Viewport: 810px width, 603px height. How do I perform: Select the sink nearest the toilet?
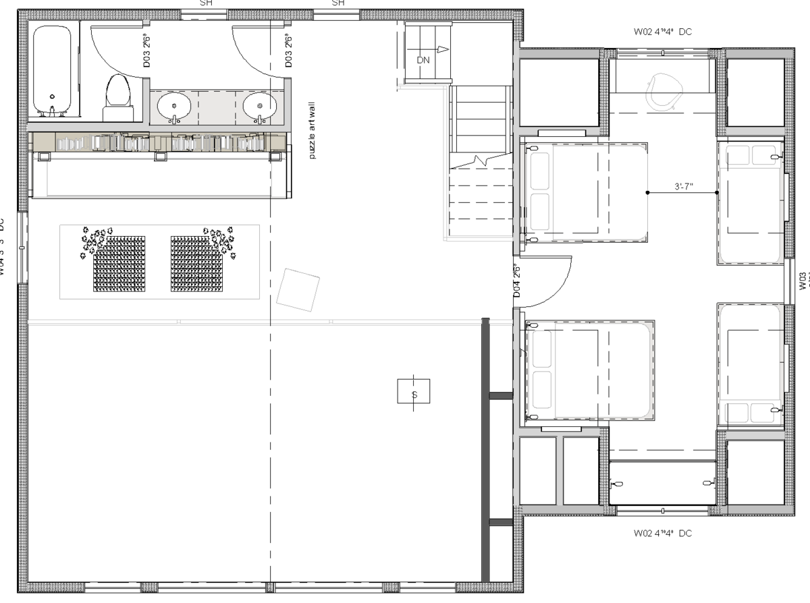pyautogui.click(x=173, y=106)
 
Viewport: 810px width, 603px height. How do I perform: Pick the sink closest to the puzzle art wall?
pyautogui.click(x=260, y=106)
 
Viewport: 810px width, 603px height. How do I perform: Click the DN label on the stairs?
pyautogui.click(x=423, y=60)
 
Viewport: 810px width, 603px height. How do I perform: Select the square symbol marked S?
pyautogui.click(x=414, y=391)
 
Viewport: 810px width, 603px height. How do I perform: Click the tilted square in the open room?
pyautogui.click(x=298, y=290)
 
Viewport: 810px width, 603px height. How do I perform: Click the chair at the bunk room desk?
pyautogui.click(x=662, y=90)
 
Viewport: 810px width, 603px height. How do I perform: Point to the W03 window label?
pyautogui.click(x=803, y=280)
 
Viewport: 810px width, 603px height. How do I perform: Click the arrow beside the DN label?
pyautogui.click(x=442, y=49)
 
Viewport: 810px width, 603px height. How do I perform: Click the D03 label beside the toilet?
pyautogui.click(x=146, y=51)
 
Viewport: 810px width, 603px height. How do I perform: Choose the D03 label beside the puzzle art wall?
pyautogui.click(x=288, y=51)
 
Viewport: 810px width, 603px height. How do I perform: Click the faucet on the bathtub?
pyautogui.click(x=51, y=108)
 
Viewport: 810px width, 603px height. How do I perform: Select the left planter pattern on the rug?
pyautogui.click(x=119, y=263)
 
